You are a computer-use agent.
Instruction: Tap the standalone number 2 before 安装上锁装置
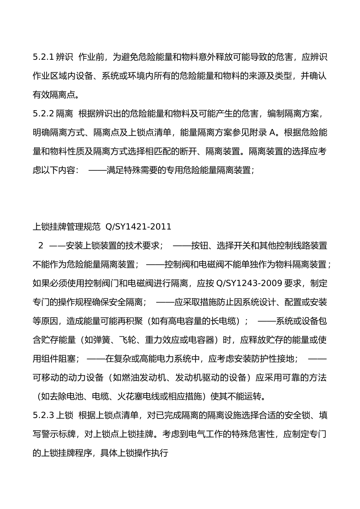click(x=41, y=246)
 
